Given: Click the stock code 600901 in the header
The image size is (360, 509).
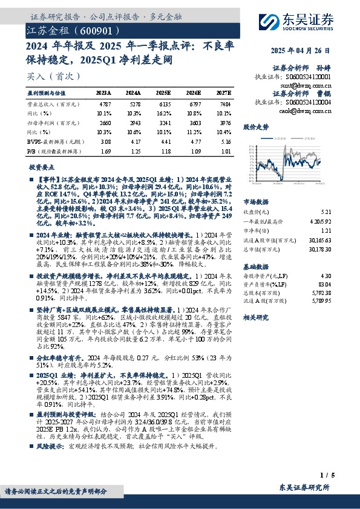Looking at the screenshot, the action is [94, 28].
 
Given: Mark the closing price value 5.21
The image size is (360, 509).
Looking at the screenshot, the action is [326, 212].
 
